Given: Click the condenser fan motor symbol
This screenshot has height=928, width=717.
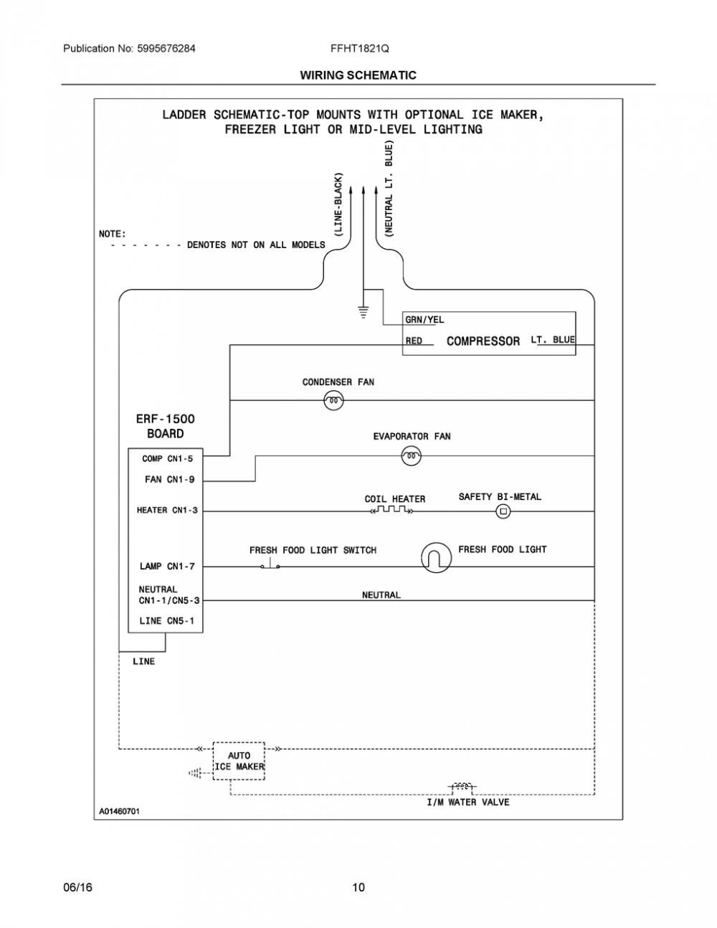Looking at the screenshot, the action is pyautogui.click(x=333, y=401).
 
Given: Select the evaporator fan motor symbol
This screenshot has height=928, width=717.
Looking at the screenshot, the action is pyautogui.click(x=411, y=455).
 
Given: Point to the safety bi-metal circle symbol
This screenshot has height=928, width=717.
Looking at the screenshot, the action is pyautogui.click(x=503, y=511).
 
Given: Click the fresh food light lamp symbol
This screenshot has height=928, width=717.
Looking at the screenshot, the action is pyautogui.click(x=436, y=558).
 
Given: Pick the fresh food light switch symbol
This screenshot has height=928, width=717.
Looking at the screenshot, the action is pyautogui.click(x=270, y=564).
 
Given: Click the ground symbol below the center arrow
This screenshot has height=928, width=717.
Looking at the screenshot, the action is pyautogui.click(x=364, y=312).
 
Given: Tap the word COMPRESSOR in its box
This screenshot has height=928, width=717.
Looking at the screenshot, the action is pyautogui.click(x=483, y=341).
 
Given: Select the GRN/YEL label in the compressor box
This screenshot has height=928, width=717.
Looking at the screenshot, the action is pyautogui.click(x=424, y=319).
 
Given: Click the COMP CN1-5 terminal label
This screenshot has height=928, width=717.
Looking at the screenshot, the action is pyautogui.click(x=167, y=459).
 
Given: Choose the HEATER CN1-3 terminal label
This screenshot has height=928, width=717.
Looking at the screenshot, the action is pyautogui.click(x=167, y=510).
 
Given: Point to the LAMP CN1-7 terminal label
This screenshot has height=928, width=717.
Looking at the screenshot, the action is pyautogui.click(x=167, y=567).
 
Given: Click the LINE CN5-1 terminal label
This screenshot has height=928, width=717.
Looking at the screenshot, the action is pyautogui.click(x=167, y=620).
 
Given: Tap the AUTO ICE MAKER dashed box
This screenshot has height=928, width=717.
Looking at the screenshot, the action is pyautogui.click(x=239, y=761).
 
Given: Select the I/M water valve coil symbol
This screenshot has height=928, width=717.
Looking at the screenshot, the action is pyautogui.click(x=462, y=786).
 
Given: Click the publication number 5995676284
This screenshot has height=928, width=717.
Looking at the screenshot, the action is pyautogui.click(x=166, y=49).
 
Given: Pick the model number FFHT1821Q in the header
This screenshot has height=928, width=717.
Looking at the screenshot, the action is pyautogui.click(x=360, y=49).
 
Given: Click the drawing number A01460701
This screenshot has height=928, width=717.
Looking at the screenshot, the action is pyautogui.click(x=119, y=811).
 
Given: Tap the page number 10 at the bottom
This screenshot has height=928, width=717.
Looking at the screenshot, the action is pyautogui.click(x=358, y=887).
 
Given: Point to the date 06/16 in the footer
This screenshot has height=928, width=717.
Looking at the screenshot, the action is pyautogui.click(x=77, y=887).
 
